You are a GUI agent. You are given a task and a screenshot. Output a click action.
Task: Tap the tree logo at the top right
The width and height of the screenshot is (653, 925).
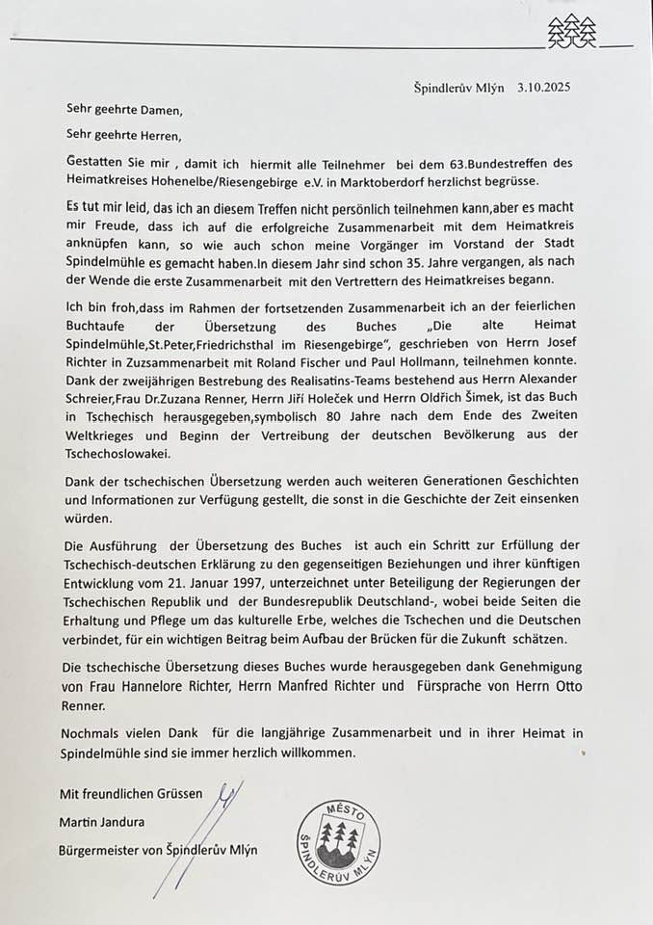coord(572,33)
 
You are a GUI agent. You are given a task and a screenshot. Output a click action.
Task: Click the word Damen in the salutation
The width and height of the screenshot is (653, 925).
coord(158,110)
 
